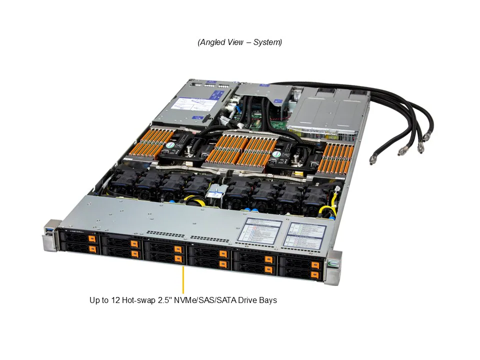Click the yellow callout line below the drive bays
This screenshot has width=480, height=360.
click(183, 280)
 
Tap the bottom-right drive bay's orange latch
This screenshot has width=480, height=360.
click(314, 274)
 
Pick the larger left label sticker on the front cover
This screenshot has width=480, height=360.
click(259, 231)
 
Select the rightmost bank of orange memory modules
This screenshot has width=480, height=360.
click(335, 157)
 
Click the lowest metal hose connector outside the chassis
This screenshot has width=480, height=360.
click(372, 160)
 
